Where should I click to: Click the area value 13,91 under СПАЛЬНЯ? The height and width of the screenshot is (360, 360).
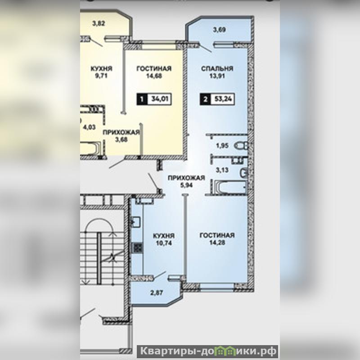[x=217, y=76]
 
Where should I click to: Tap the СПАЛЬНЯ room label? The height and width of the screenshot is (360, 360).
[x=217, y=69]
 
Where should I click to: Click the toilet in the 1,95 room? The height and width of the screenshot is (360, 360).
[x=241, y=145]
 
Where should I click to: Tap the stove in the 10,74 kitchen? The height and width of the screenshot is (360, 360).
[x=137, y=248]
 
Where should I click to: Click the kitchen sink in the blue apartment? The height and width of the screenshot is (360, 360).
[x=136, y=222]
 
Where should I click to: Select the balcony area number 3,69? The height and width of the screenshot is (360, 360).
[x=219, y=30]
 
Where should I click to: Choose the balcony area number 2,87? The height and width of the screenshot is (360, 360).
[x=157, y=293]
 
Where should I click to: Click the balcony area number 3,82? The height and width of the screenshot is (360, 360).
[x=99, y=23]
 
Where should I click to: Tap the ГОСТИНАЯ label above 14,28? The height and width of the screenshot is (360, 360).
[x=217, y=235]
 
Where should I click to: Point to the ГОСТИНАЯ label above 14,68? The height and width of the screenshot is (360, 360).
[x=154, y=69]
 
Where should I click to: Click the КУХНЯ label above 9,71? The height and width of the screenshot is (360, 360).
[x=102, y=69]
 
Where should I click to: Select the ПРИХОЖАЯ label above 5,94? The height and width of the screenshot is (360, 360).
[x=186, y=178]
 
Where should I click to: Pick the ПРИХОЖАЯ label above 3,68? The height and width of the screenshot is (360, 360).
[x=121, y=132]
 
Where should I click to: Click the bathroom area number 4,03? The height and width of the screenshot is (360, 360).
[x=89, y=127]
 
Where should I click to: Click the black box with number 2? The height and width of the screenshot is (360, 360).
[x=206, y=99]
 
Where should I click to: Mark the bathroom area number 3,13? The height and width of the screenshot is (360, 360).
[x=222, y=170]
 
